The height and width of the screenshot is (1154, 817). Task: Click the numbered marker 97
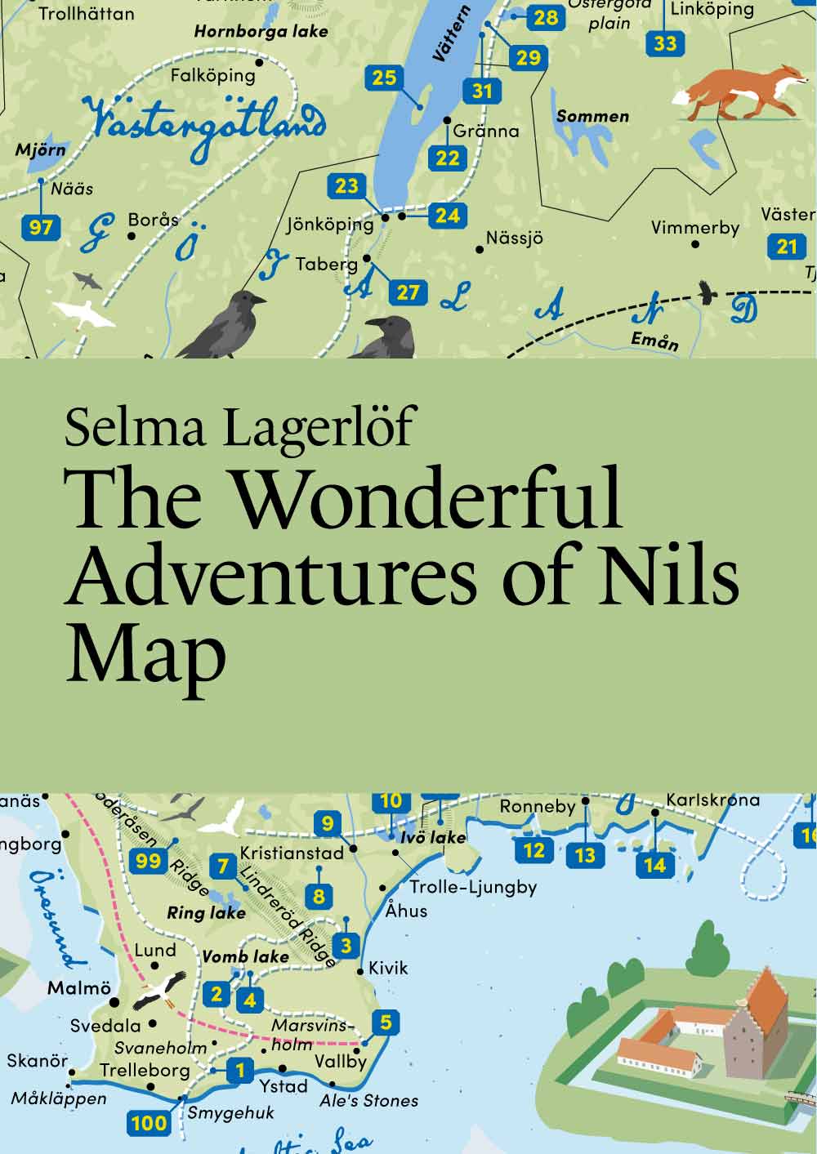point(41,226)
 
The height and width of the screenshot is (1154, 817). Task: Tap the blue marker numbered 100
point(149,1123)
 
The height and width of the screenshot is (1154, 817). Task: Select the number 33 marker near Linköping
point(665,43)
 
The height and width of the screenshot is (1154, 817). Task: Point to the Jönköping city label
point(330,223)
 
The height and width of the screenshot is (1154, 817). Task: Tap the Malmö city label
point(78,988)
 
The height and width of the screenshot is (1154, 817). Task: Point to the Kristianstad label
point(292,853)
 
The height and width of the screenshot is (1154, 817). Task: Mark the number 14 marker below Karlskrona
point(655,864)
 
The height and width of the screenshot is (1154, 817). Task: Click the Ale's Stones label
point(368,1101)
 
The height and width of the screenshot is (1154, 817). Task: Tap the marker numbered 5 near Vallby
point(386,1022)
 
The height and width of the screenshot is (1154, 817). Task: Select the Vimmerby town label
point(694,227)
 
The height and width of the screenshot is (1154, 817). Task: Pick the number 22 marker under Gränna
point(448,158)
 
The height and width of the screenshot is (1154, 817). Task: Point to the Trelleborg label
point(145,1070)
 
